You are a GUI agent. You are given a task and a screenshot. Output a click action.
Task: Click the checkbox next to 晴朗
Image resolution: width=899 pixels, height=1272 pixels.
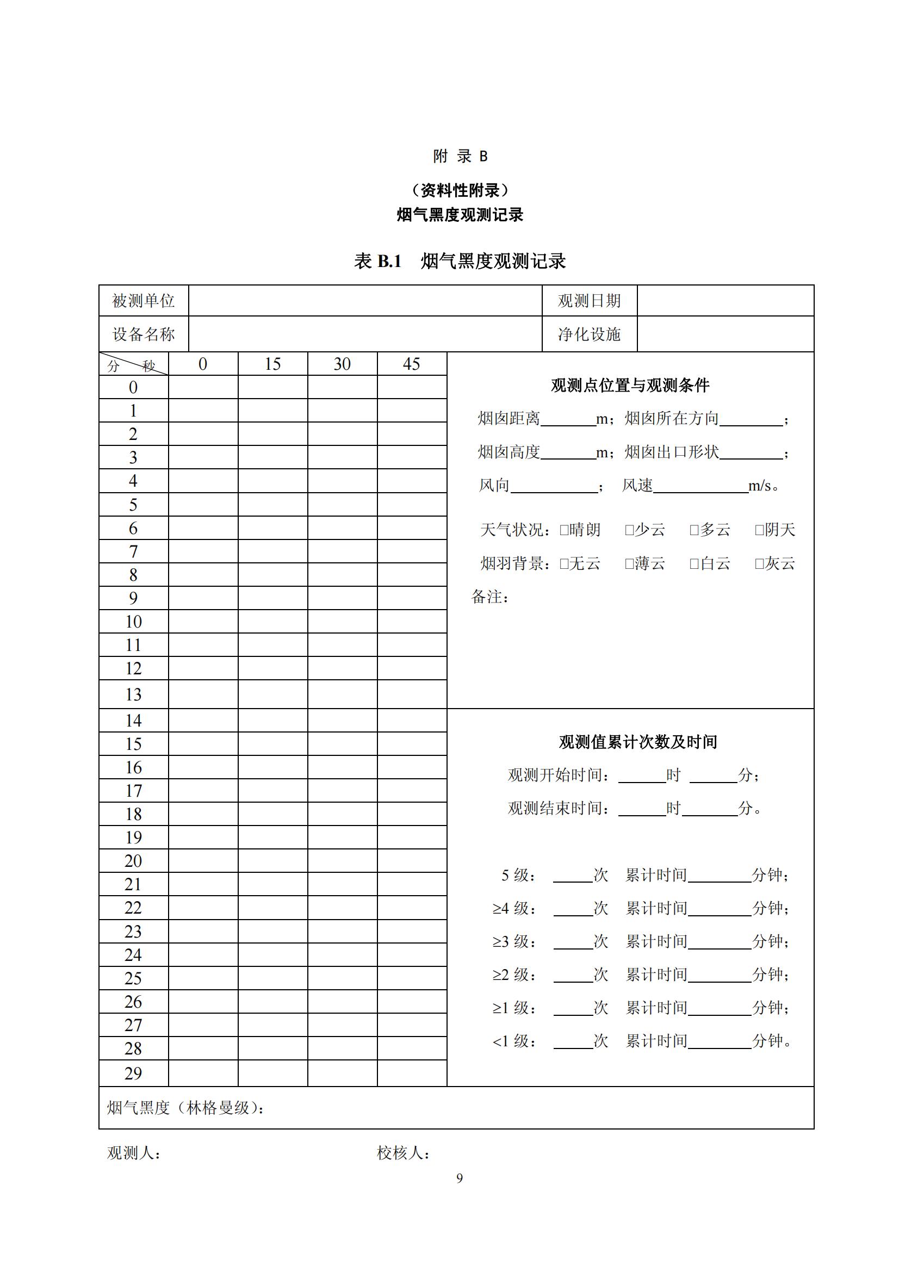point(564,530)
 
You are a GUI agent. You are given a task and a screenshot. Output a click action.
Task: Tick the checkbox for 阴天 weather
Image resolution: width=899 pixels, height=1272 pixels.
point(759,530)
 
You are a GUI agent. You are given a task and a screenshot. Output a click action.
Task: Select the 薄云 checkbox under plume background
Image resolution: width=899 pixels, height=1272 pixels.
point(629,564)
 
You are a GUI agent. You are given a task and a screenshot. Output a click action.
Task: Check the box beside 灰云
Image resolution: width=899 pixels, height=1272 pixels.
point(759,564)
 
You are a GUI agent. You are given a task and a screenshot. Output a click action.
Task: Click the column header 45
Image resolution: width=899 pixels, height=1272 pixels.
point(412,364)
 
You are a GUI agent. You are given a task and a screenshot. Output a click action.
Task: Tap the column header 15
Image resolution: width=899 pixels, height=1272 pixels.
point(272,364)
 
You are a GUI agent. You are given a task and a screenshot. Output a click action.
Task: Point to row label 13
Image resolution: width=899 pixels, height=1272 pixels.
point(133,694)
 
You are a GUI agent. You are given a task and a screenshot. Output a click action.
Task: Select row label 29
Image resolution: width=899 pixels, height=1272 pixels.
point(133,1073)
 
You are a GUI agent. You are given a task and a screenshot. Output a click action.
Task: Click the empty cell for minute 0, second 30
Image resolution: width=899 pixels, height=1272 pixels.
point(342,387)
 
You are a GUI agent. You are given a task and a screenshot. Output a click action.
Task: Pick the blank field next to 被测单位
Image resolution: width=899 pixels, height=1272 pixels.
point(364,301)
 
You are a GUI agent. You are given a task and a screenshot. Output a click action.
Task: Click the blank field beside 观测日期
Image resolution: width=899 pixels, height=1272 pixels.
point(725,301)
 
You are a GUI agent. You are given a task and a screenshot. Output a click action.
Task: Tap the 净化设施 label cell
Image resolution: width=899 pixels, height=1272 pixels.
point(589,334)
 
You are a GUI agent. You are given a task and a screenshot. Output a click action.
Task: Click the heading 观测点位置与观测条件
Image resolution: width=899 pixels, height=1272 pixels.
point(630,385)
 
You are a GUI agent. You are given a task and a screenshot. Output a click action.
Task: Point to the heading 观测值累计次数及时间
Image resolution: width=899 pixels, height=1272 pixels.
point(637,742)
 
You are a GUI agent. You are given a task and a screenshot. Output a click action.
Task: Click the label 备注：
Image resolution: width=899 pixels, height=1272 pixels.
point(489,597)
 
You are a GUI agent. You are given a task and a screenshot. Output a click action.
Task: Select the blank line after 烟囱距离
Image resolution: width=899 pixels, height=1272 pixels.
point(568,420)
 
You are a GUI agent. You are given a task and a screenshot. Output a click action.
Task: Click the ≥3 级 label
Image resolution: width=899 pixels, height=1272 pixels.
point(514,941)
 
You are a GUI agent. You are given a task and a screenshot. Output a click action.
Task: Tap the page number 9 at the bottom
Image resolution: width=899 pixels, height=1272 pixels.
point(459,1178)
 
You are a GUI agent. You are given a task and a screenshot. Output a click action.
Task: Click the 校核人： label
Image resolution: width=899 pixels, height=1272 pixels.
point(403,1153)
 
